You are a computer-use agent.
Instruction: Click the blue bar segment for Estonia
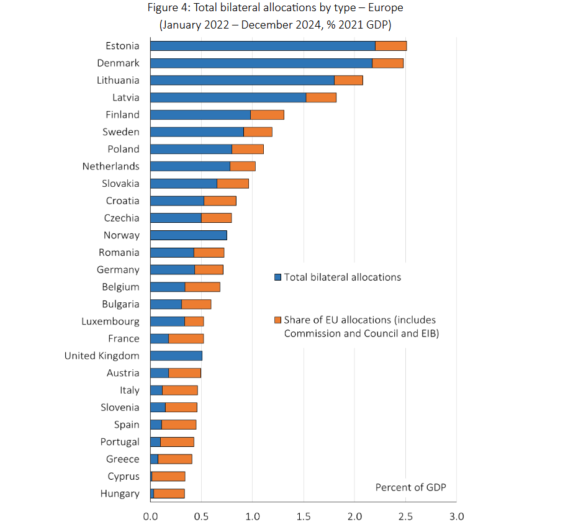coord(263,46)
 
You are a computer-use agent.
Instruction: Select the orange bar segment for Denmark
coord(387,63)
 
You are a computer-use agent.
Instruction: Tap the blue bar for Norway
coord(188,235)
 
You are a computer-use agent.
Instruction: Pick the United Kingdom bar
coord(176,356)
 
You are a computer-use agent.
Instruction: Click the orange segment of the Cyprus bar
coord(168,476)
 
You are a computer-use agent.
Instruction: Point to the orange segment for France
coord(186,338)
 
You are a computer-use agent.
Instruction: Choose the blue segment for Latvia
coord(228,97)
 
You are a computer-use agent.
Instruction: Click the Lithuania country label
coord(118,80)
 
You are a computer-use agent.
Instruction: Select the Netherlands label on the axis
coord(110,166)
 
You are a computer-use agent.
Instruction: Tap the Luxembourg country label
coord(110,321)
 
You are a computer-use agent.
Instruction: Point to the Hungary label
coord(120,493)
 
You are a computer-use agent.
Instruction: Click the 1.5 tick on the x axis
coord(303,516)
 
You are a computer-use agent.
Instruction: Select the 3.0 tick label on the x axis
coord(456,516)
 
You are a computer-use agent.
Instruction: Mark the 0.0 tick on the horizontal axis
coord(150,516)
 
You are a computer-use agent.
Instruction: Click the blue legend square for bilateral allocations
coord(277,277)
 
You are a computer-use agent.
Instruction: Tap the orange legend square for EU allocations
coord(277,320)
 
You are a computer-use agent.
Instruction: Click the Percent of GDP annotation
coord(410,487)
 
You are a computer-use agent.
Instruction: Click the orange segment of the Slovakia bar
coord(233,184)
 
